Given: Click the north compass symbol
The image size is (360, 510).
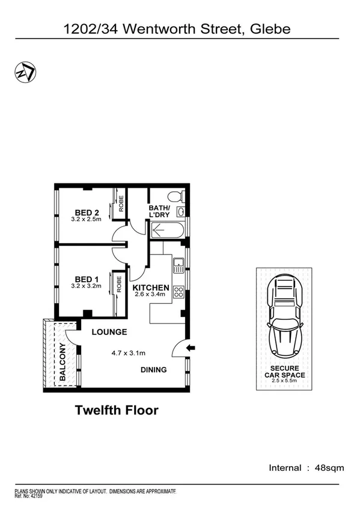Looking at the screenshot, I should [24, 72].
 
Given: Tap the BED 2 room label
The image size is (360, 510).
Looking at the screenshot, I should [87, 212].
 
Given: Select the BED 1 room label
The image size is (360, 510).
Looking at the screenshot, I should [87, 279].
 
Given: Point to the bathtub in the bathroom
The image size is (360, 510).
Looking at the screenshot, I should [168, 229].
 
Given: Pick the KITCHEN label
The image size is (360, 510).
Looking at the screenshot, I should [151, 287].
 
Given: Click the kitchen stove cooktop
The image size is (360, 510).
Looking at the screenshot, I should [178, 292].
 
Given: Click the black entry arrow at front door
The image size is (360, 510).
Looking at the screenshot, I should [191, 348].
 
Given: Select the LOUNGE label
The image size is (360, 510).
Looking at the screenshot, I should [109, 332].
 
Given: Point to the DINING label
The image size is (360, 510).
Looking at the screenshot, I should [154, 370].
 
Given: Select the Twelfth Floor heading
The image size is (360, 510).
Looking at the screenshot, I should [117, 411].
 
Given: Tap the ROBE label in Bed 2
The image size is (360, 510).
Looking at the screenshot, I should [121, 204].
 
